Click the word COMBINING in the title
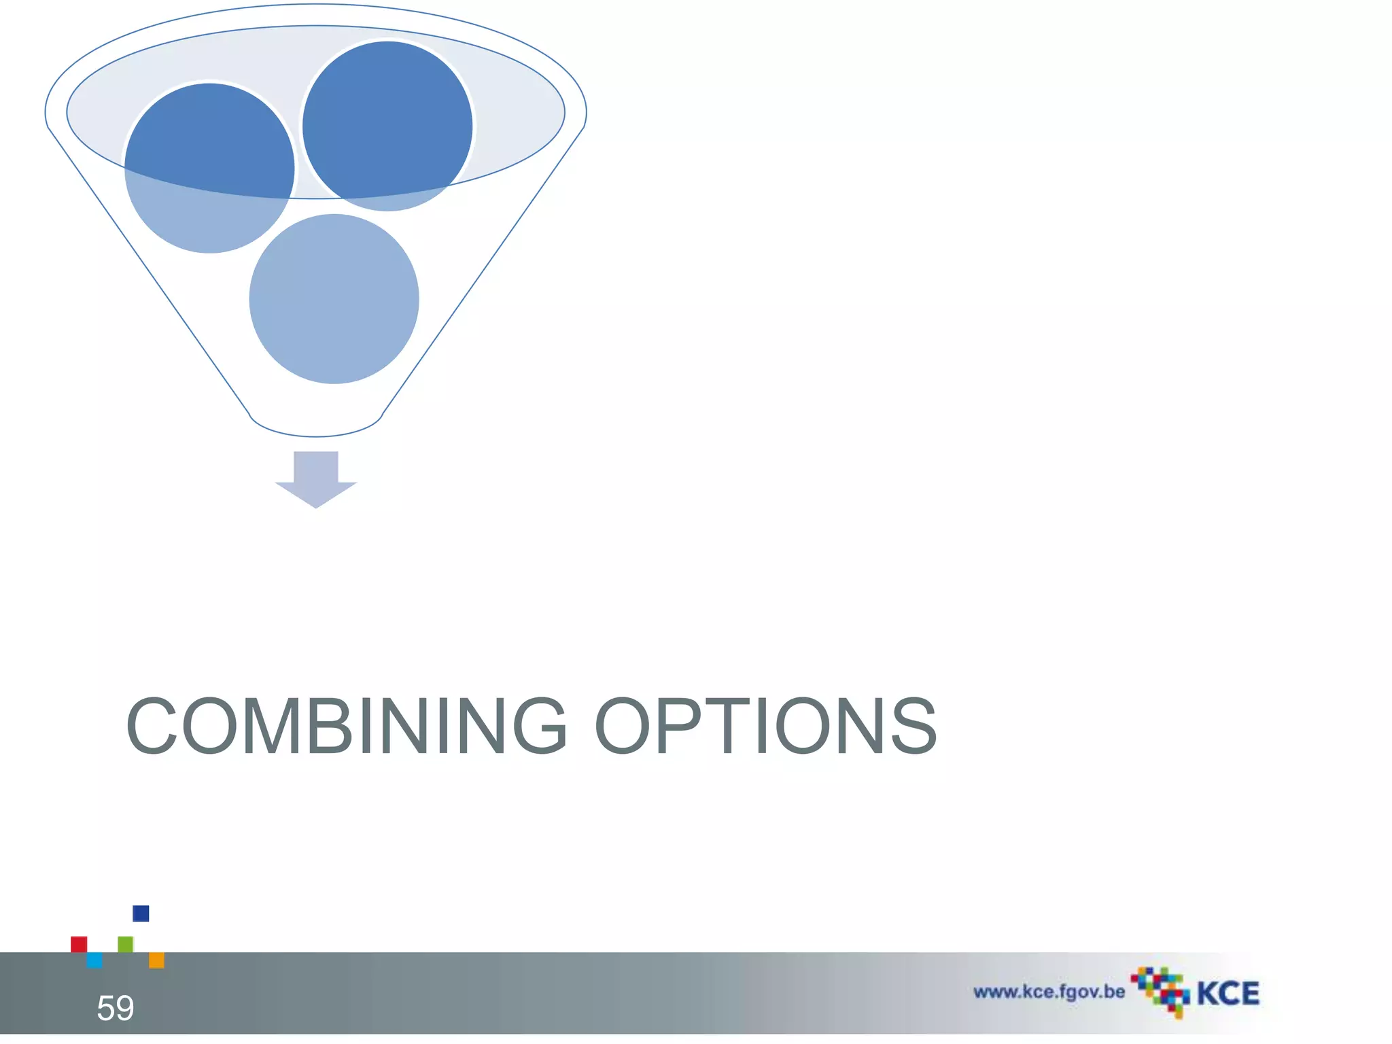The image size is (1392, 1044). pos(347,726)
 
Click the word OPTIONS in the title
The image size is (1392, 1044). pos(766,726)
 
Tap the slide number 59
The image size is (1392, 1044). pos(115,1008)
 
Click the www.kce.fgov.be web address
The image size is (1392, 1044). pos(1049,992)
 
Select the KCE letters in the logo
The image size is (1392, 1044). pos(1228,994)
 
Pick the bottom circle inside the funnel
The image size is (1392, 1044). pos(334,299)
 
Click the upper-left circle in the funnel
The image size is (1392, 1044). pos(209,169)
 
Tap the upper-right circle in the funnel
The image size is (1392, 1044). pos(387,126)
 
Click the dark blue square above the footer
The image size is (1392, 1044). pos(141,913)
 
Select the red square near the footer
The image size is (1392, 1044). pos(79,944)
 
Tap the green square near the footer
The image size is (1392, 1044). pos(126,944)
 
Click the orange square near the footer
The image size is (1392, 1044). pos(156,960)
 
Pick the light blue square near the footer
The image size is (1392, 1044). pos(94,960)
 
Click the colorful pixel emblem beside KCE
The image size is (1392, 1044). pos(1160,992)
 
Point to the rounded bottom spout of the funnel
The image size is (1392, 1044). pos(316,427)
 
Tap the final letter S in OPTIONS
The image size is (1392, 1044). pos(914,726)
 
